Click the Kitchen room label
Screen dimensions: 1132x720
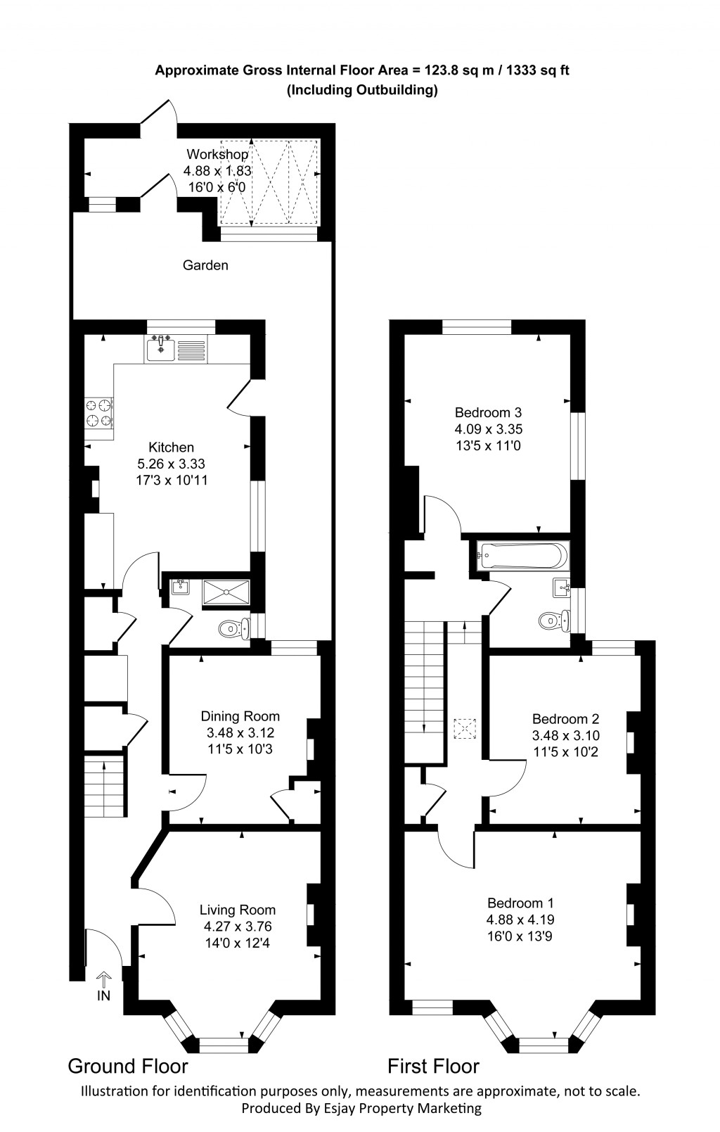click(x=171, y=447)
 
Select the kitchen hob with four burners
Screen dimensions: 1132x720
click(x=98, y=413)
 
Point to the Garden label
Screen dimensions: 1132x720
click(x=205, y=265)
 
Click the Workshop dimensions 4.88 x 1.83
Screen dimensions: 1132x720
click(x=217, y=171)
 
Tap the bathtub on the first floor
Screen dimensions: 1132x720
click(x=522, y=556)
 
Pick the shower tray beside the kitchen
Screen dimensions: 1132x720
click(x=226, y=592)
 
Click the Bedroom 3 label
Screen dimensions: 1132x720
click(x=488, y=412)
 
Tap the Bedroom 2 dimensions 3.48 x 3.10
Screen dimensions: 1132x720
click(x=565, y=736)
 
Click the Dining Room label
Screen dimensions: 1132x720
click(x=240, y=716)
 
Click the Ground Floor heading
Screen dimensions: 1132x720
click(x=127, y=1066)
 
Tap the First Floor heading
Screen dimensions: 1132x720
click(x=433, y=1067)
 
